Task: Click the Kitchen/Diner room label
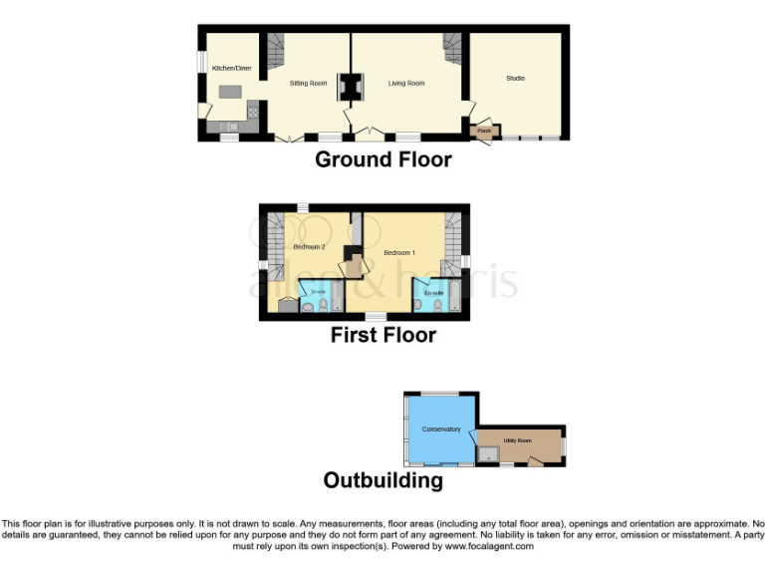[x=229, y=68]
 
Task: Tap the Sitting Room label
[x=308, y=83]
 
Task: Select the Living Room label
[x=406, y=83]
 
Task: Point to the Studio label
[x=515, y=78]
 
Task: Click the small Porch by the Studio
[x=484, y=130]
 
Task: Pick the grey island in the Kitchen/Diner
[x=231, y=92]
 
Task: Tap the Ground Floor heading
[x=383, y=159]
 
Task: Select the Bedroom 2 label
[x=309, y=246]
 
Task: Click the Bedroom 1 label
[x=399, y=253]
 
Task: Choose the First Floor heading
[x=383, y=336]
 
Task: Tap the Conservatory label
[x=441, y=430]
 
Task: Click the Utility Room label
[x=517, y=439]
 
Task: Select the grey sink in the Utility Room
[x=488, y=454]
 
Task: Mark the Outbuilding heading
[x=382, y=480]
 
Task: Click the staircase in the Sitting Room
[x=274, y=45]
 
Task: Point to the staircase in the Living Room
[x=453, y=46]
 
